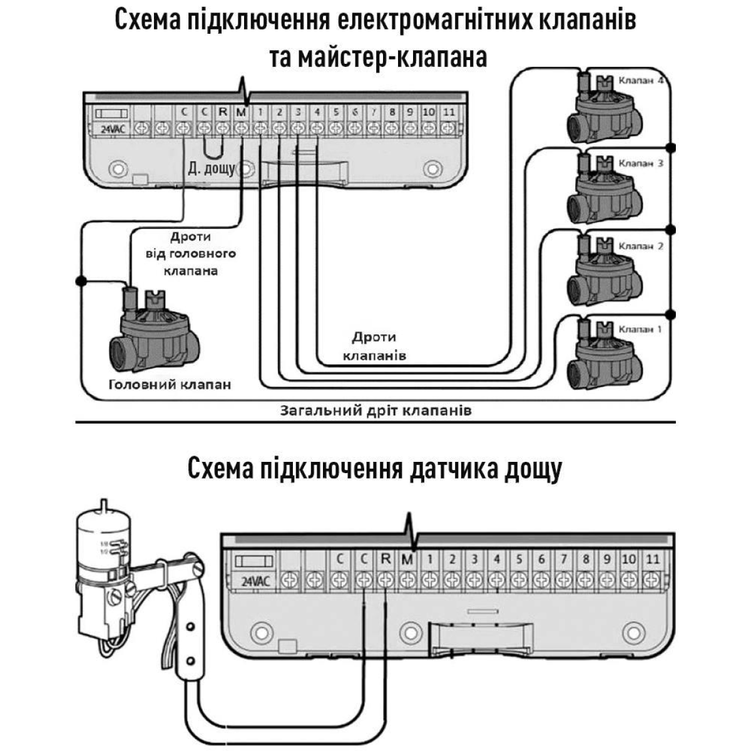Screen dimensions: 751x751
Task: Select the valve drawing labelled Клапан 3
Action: pos(604,188)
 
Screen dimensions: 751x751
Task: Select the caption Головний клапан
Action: pos(170,384)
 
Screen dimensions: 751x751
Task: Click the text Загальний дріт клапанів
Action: pos(375,411)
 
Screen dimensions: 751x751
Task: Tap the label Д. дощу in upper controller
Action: pos(211,168)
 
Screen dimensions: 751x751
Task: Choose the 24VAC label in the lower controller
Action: pos(255,581)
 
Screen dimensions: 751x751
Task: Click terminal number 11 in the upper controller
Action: pos(448,113)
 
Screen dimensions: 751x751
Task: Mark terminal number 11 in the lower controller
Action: pos(652,559)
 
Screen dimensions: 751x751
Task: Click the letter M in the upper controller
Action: pos(242,113)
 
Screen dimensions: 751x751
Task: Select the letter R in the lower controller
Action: pos(386,559)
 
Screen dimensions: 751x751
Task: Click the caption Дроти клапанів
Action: pos(374,346)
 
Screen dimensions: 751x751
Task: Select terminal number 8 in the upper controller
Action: pos(392,113)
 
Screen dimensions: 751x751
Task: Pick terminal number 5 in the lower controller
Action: pos(519,559)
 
